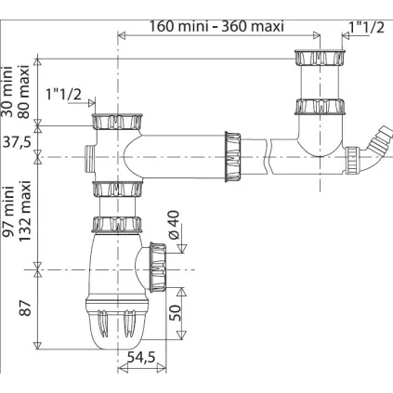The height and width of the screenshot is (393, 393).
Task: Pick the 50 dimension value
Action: click(173, 312)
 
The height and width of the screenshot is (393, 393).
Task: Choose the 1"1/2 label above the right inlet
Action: click(364, 28)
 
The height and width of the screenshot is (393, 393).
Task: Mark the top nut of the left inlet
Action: click(114, 122)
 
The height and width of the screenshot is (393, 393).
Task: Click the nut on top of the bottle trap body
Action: click(114, 225)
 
